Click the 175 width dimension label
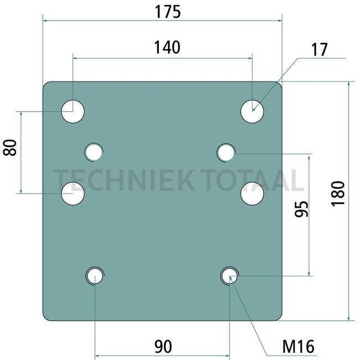(x=168, y=12)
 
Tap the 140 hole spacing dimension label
(x=167, y=48)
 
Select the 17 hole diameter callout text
(x=319, y=50)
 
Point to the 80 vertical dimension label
(x=10, y=148)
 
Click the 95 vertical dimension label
(x=301, y=209)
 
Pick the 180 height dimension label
(x=338, y=194)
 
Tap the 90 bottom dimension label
(x=163, y=347)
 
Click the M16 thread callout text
(x=298, y=347)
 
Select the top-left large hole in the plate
(x=73, y=111)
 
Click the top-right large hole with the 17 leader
(x=252, y=111)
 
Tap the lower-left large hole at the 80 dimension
(x=73, y=193)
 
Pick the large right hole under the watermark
(x=252, y=193)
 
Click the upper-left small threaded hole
(x=94, y=152)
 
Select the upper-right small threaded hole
(x=226, y=152)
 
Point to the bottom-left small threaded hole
(x=95, y=276)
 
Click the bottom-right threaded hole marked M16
(x=229, y=276)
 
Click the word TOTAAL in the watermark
(x=252, y=180)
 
